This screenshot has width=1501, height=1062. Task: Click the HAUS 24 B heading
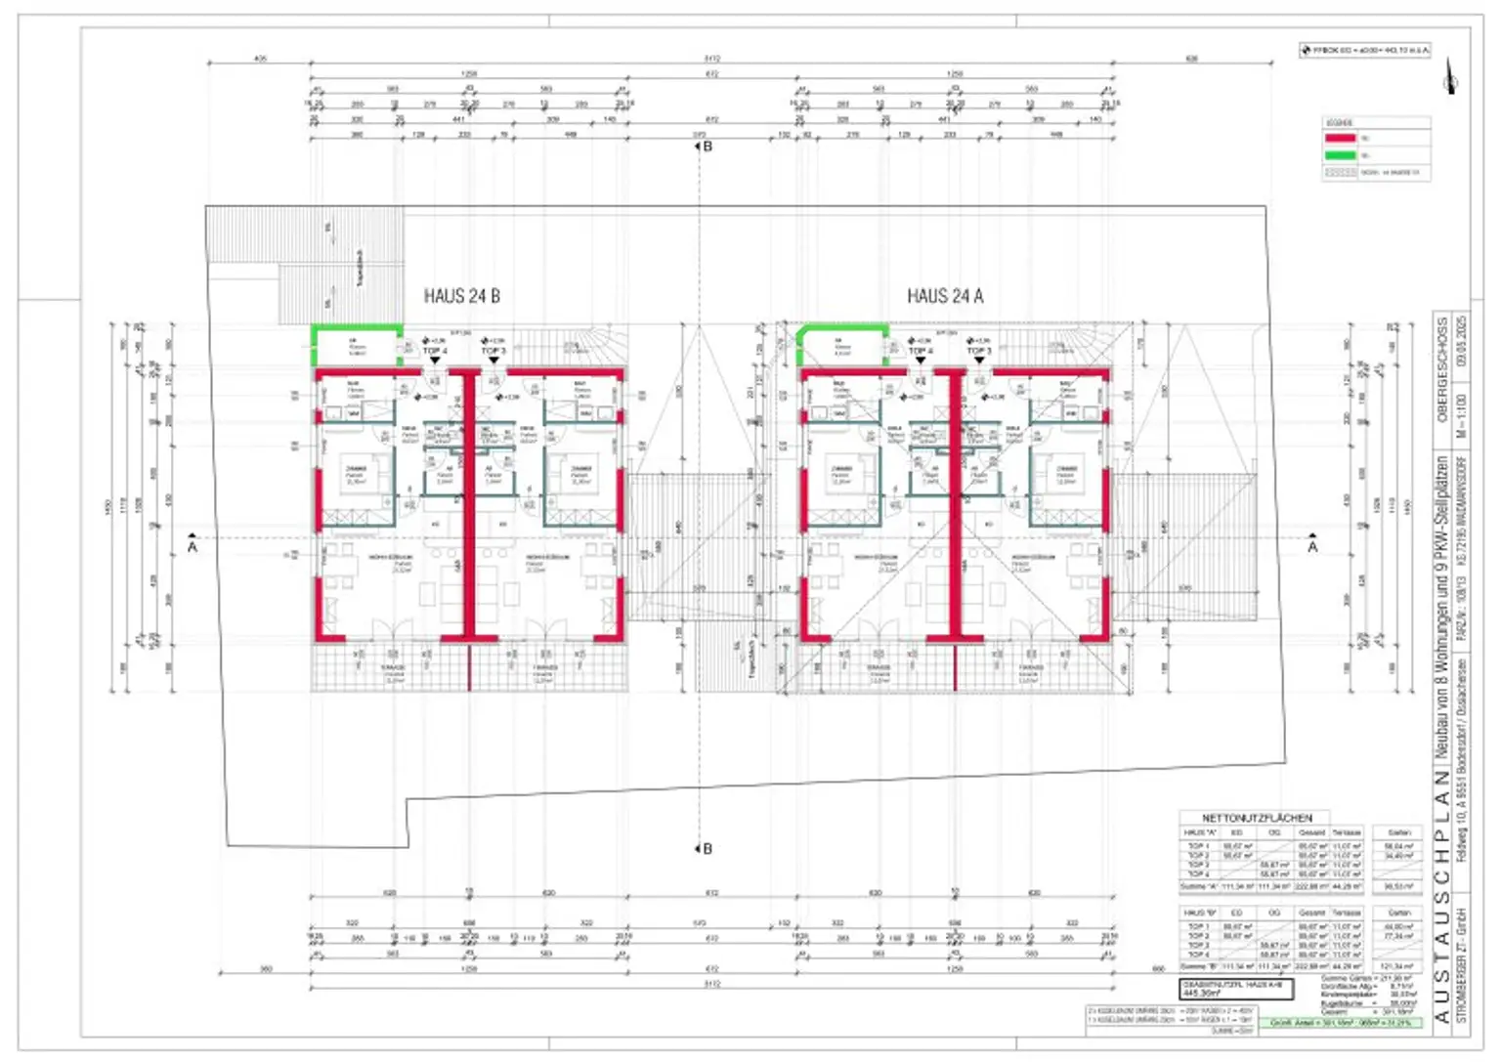(461, 296)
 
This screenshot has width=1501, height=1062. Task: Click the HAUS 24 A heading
(945, 296)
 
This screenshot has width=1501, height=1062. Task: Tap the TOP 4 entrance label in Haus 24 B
(435, 351)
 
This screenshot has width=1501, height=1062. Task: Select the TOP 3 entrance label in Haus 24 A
(979, 351)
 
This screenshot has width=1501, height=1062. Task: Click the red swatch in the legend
(1340, 138)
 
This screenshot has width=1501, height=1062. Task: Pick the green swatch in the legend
(1340, 155)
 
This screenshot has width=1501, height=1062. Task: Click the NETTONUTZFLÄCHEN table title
(1257, 818)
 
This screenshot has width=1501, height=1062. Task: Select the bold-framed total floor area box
(1236, 989)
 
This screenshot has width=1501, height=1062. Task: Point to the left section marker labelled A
(193, 544)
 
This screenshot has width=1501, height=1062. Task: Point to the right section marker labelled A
(1312, 544)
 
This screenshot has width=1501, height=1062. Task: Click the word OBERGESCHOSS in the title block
(1442, 368)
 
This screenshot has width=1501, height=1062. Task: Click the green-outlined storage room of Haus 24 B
(356, 347)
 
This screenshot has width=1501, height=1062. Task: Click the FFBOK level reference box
(1365, 50)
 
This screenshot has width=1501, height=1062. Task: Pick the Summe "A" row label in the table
(1198, 886)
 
